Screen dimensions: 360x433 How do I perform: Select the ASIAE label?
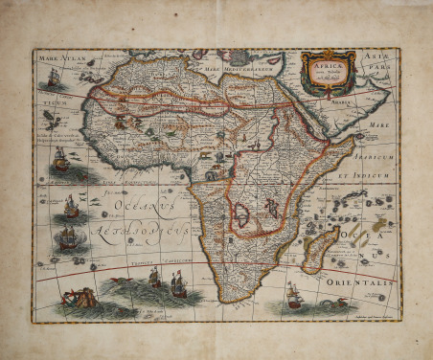[377, 56]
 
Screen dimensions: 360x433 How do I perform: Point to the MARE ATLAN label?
[61, 59]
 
